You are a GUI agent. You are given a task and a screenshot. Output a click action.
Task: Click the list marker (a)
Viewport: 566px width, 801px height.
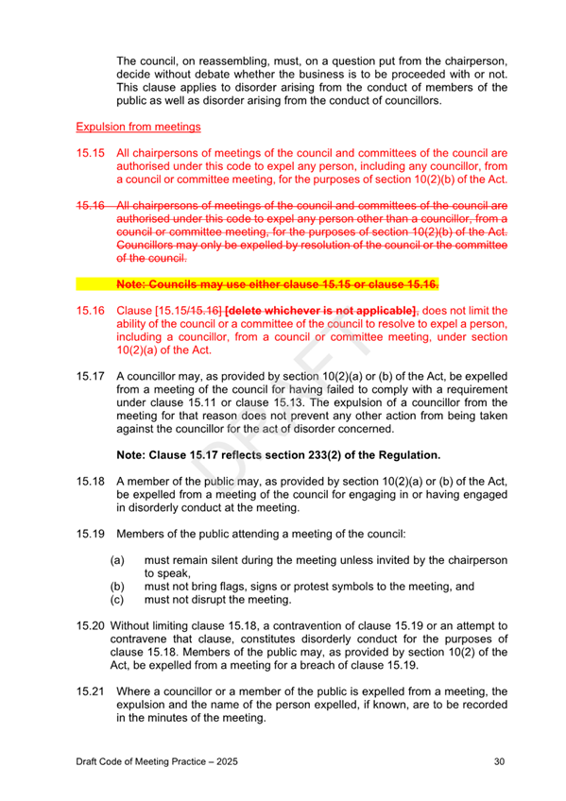pyautogui.click(x=119, y=560)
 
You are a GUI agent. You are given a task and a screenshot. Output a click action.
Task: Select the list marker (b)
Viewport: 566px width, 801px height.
pyautogui.click(x=119, y=586)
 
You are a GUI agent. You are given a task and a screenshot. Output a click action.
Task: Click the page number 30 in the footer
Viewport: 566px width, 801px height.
pyautogui.click(x=500, y=760)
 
